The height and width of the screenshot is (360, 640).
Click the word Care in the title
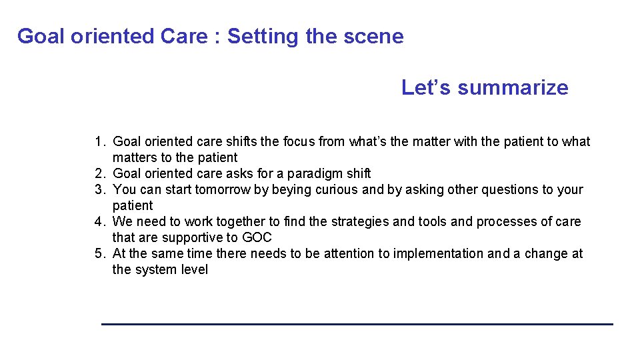184,36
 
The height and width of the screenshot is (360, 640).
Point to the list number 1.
99,141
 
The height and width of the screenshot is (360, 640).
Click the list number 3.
99,189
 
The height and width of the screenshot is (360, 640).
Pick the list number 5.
99,253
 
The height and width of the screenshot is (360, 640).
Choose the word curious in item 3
339,189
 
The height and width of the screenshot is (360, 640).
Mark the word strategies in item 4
385,221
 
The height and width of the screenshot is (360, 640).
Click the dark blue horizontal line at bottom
357,324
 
